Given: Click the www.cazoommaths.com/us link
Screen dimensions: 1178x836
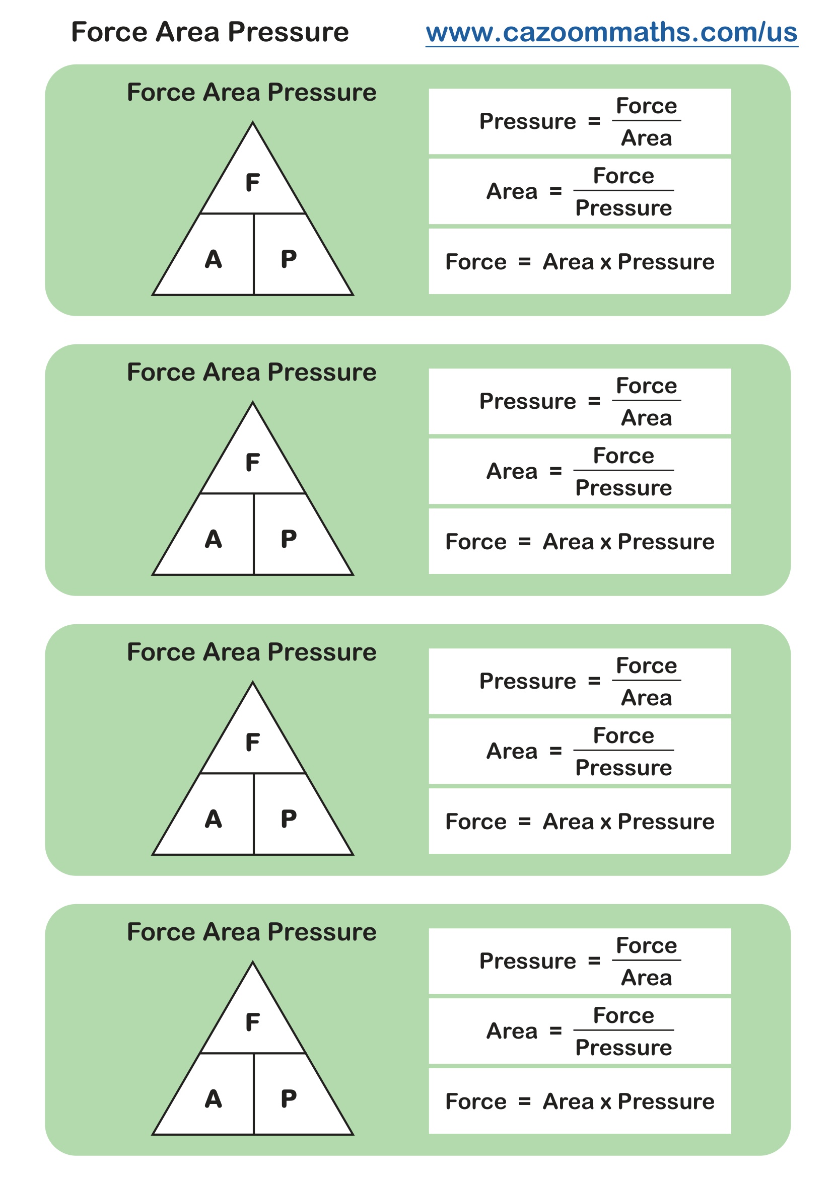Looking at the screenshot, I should coord(611,32).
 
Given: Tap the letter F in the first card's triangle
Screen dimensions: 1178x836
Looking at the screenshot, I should coord(252,183).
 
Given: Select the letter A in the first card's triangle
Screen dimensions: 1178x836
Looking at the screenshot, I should coord(213,259).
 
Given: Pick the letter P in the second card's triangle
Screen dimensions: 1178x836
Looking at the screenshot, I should coord(288,539).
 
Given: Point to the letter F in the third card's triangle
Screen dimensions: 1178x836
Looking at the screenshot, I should coord(252,743).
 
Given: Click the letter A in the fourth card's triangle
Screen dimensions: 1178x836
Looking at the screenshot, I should coord(213,1099).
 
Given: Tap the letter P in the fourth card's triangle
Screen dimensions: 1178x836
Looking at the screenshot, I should coord(288,1099).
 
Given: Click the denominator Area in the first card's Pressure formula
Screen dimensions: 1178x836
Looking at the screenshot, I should coord(646,138).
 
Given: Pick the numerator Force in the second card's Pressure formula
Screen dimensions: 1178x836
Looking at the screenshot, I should coord(646,386).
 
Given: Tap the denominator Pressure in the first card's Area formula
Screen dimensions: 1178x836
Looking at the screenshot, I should coord(623,208).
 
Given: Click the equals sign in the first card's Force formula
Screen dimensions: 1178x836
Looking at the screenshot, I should coord(524,262).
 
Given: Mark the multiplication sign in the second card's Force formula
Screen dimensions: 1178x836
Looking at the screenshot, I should coord(605,542).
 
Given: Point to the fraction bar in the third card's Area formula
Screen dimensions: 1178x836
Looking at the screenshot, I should coord(623,750).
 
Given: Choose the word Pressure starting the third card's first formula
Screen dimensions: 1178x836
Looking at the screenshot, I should coord(527,681).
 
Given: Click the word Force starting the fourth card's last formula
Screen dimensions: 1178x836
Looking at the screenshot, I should coord(475,1102).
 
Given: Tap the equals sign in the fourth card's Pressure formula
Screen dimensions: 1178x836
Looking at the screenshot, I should coord(594,961).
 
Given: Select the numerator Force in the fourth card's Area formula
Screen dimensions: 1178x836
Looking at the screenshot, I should coord(623,1016).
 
